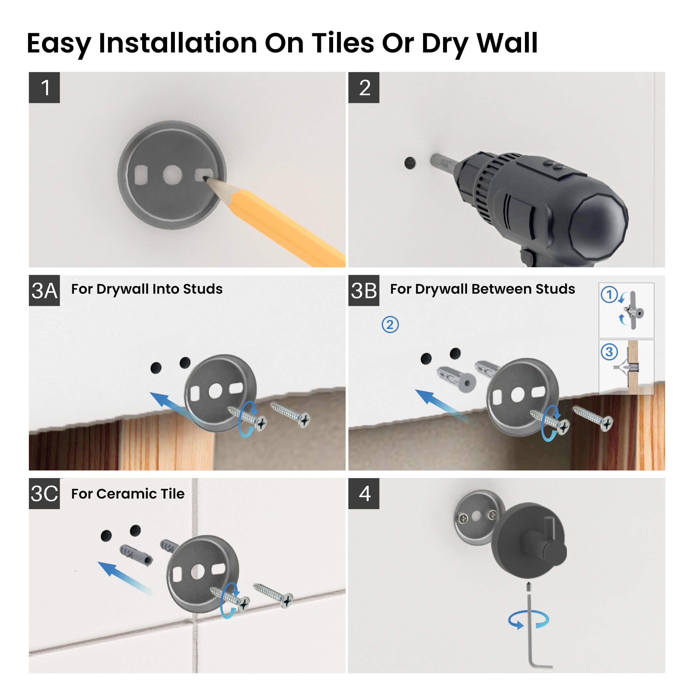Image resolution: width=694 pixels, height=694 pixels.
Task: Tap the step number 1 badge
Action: point(44,88)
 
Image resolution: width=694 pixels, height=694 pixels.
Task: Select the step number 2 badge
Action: point(364,88)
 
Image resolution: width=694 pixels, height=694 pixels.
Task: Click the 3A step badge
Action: point(44,291)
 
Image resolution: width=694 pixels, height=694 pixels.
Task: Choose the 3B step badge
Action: point(364,291)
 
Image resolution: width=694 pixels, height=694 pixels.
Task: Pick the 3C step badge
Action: point(44,494)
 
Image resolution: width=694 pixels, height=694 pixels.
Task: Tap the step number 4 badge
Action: point(364,494)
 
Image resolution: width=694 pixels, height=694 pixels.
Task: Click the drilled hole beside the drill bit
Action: point(410,163)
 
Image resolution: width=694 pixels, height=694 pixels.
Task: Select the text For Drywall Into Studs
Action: point(147,289)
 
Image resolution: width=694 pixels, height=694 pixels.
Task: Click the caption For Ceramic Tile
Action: point(128,494)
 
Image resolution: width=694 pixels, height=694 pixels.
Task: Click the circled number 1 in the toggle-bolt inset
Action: point(609,295)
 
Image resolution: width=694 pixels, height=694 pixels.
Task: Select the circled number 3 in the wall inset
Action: point(609,352)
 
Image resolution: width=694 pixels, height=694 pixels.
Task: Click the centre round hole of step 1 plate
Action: point(172,175)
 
